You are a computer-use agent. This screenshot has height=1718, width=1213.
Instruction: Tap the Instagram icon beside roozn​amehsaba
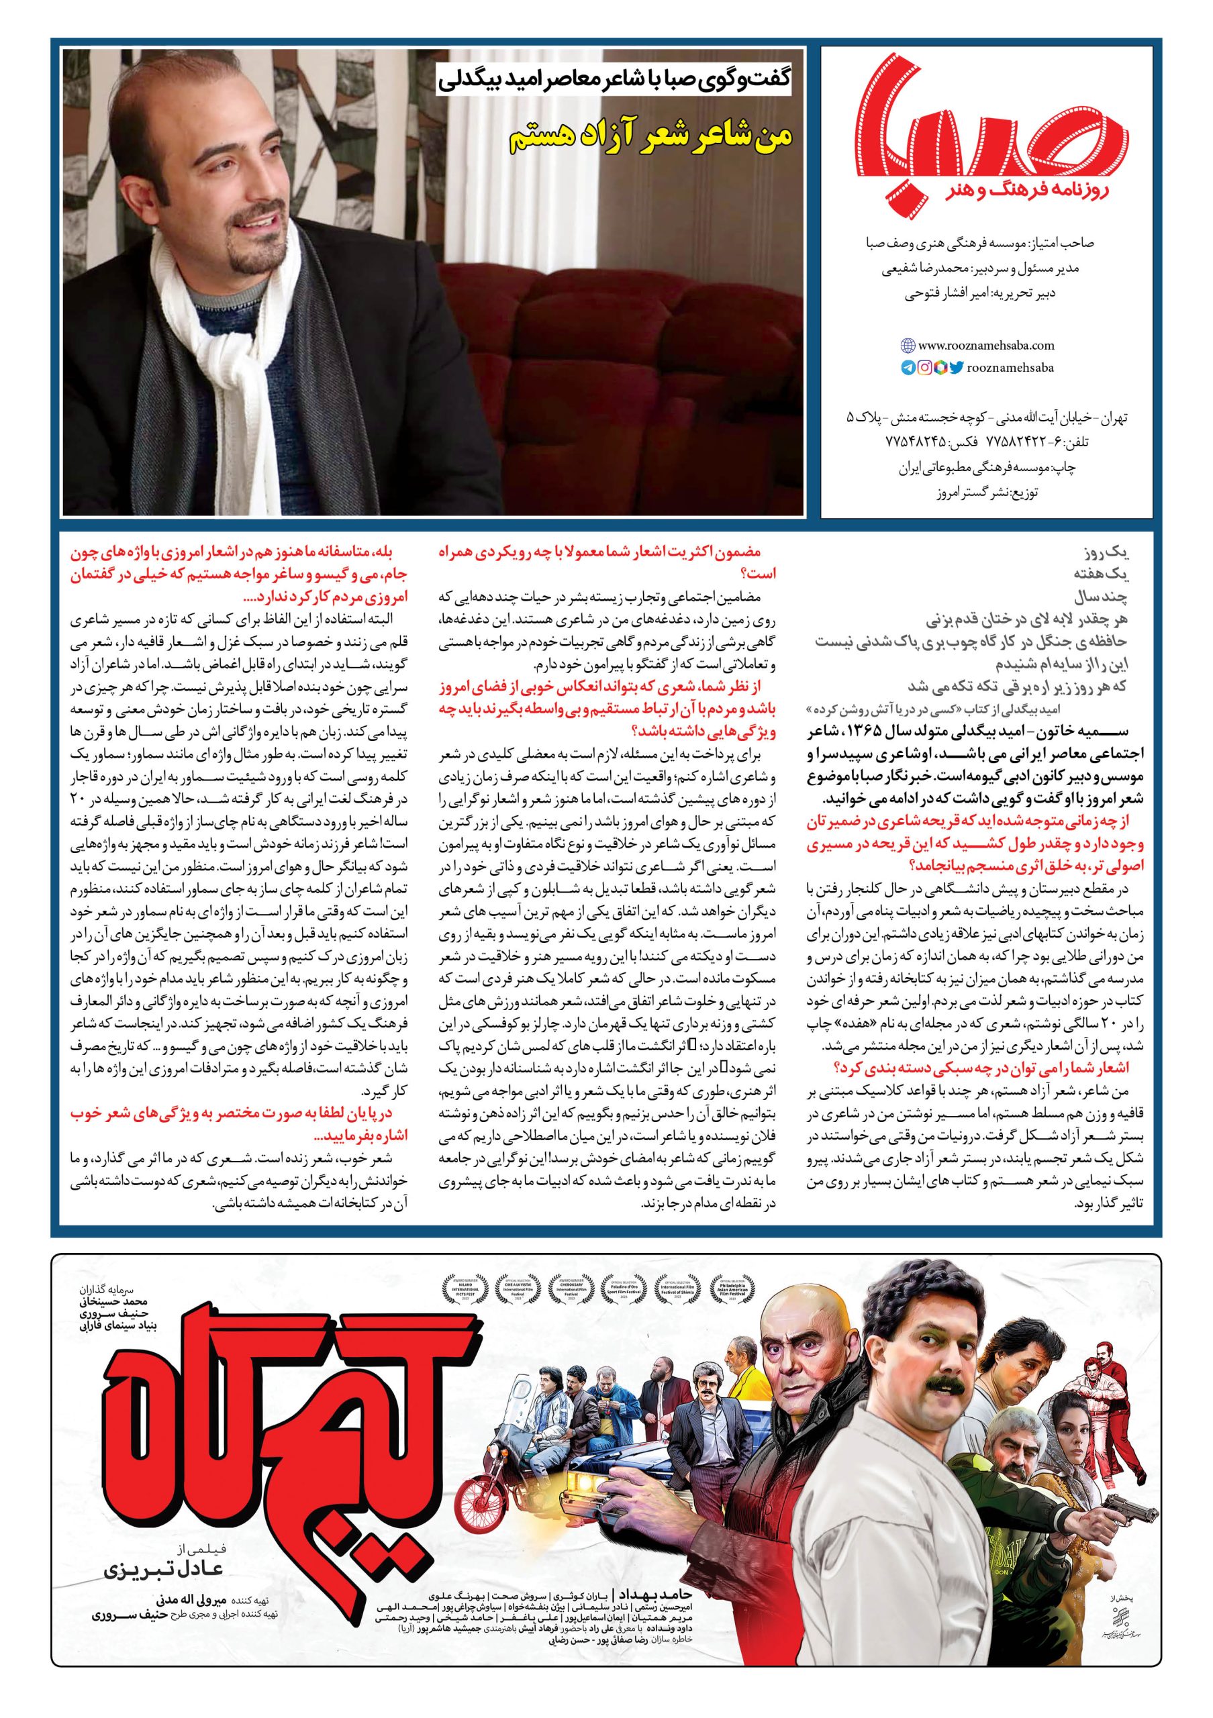click(925, 367)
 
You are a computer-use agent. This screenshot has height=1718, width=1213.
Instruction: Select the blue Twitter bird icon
click(957, 367)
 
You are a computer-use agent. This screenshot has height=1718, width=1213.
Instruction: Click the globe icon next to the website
click(908, 346)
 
